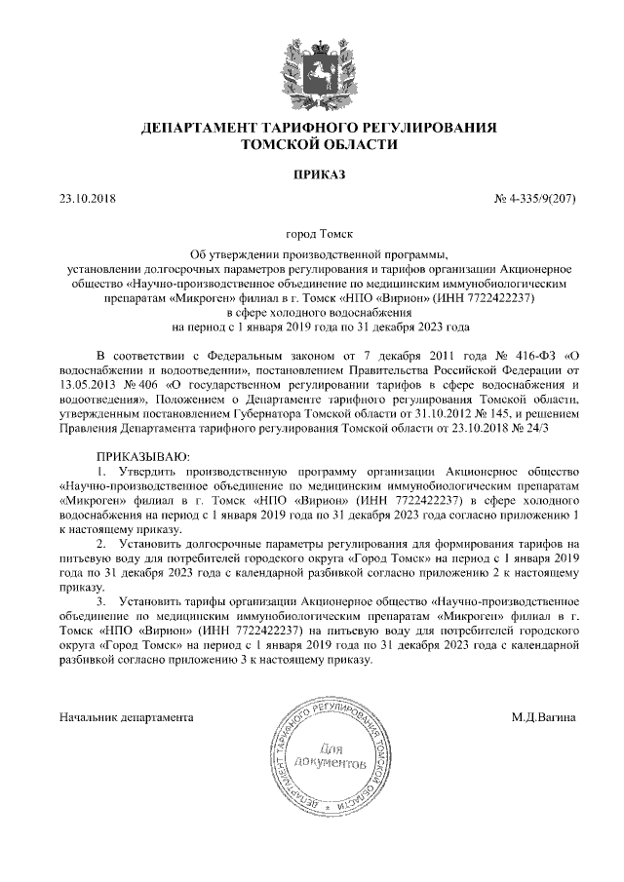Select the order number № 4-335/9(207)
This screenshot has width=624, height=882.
[x=536, y=199]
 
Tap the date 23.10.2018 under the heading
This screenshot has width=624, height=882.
[x=88, y=199]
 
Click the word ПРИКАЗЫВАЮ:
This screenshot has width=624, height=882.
[x=142, y=457]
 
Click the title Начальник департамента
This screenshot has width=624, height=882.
[x=126, y=718]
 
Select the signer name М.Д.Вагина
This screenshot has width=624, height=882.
[x=543, y=718]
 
